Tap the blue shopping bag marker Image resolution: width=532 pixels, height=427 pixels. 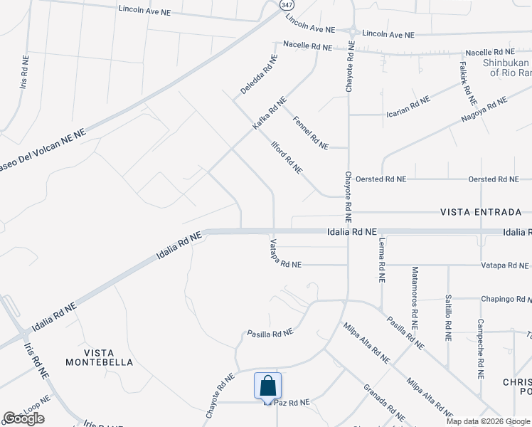pyautogui.click(x=267, y=387)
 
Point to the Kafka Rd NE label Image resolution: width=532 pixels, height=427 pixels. pyautogui.click(x=270, y=113)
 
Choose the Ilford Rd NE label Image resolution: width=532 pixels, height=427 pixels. pyautogui.click(x=287, y=157)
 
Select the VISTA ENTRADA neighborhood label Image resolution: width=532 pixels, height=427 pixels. pyautogui.click(x=481, y=212)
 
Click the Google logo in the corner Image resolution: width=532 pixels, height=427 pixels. pyautogui.click(x=23, y=418)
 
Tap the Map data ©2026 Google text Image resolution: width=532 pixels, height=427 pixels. pyautogui.click(x=488, y=421)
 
